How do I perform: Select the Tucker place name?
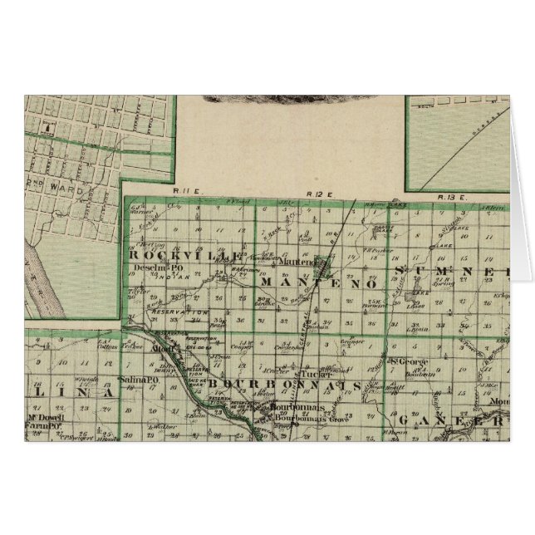coord(308,375)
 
